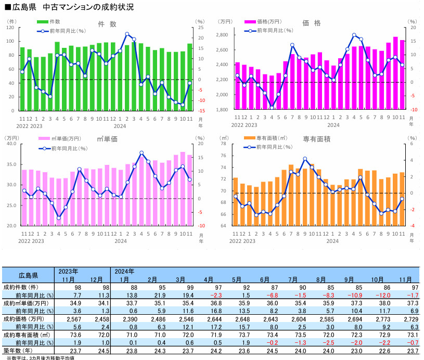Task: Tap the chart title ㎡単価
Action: click(x=107, y=139)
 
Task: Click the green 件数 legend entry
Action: click(x=49, y=22)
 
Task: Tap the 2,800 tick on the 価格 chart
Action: click(x=222, y=35)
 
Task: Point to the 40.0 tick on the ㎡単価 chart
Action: click(x=12, y=144)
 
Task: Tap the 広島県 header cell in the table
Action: click(x=28, y=275)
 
